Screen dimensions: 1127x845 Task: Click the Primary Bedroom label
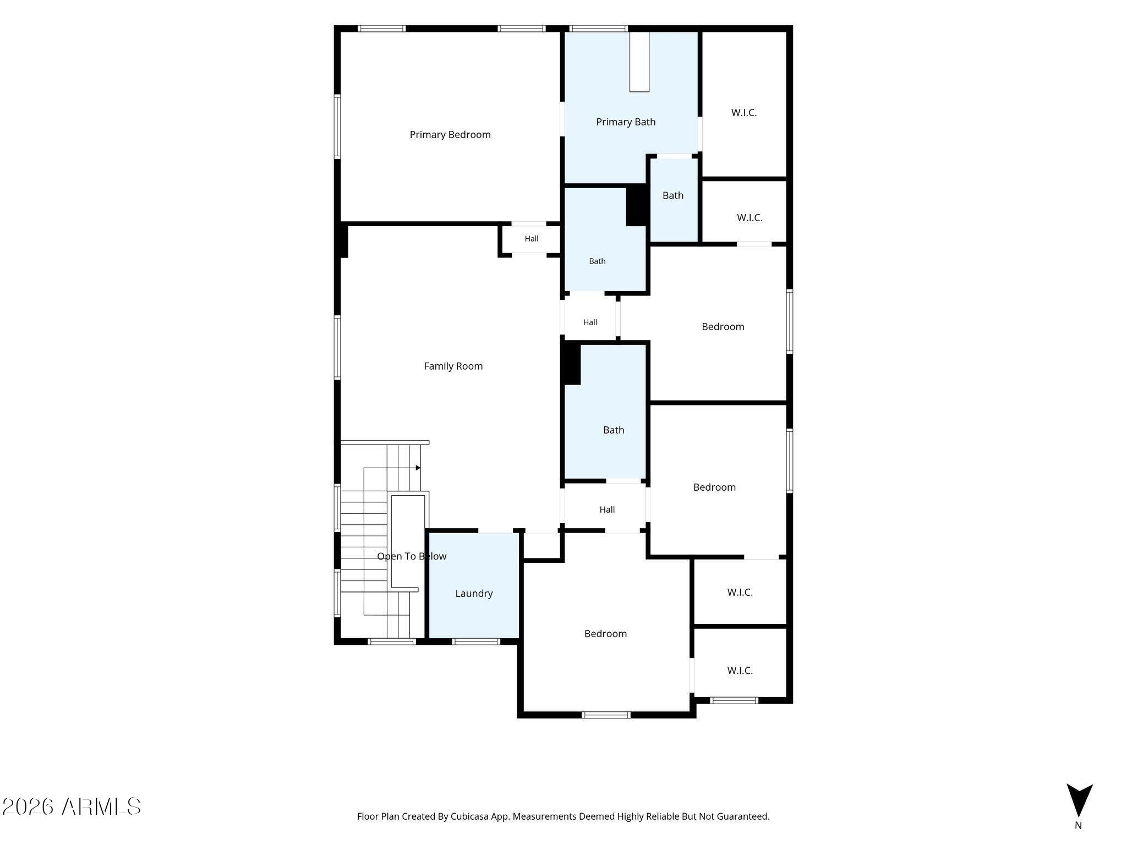click(450, 135)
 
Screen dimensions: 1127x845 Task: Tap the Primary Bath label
click(626, 122)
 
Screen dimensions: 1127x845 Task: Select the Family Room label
click(453, 366)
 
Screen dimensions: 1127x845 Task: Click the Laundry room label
click(474, 594)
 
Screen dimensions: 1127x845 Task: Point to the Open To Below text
click(412, 557)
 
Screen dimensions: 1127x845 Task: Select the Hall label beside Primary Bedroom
click(532, 239)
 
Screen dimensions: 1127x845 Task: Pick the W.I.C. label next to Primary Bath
click(744, 113)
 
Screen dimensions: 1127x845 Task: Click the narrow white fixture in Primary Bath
click(639, 61)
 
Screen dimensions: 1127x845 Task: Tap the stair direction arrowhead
click(418, 468)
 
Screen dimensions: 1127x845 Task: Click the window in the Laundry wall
click(476, 641)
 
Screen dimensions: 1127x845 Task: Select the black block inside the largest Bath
click(572, 363)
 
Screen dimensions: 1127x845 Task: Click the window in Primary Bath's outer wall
click(598, 29)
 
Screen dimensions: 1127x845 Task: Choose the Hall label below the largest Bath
click(607, 510)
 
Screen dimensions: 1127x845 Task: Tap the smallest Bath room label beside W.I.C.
click(673, 196)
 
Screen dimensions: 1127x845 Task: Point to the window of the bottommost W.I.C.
click(734, 700)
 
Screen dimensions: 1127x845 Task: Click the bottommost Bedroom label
click(605, 634)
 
